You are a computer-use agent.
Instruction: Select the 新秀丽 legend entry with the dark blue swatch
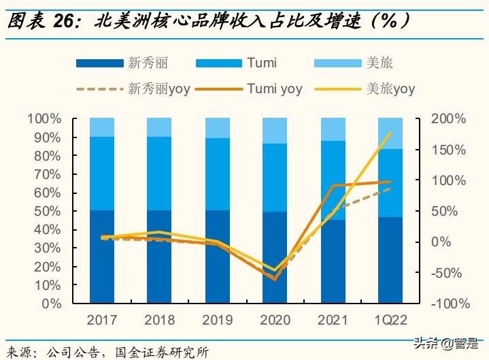pyautogui.click(x=148, y=64)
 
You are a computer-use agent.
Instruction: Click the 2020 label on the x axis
pyautogui.click(x=275, y=320)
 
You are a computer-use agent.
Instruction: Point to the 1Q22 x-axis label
pyautogui.click(x=390, y=320)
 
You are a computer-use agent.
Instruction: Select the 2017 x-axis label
pyautogui.click(x=102, y=320)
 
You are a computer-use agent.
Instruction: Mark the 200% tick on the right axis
pyautogui.click(x=448, y=119)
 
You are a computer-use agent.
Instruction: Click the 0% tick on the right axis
pyautogui.click(x=441, y=242)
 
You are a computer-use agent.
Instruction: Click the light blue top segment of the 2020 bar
pyautogui.click(x=275, y=130)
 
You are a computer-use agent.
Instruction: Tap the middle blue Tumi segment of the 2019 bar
pyautogui.click(x=217, y=174)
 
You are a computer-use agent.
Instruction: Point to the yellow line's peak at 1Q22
pyautogui.click(x=390, y=133)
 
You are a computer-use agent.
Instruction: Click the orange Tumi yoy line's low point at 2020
pyautogui.click(x=275, y=279)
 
